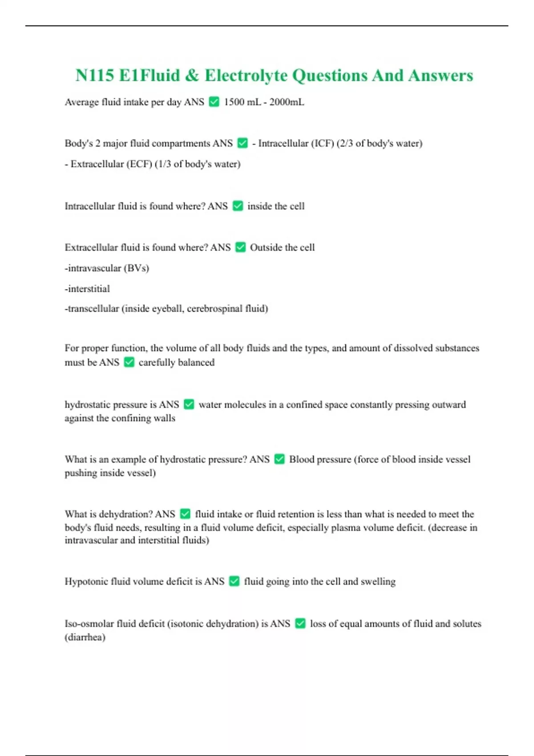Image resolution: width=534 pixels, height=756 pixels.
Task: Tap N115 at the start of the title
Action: tap(95, 76)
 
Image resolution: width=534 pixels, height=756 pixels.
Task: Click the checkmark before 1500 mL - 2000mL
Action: tap(214, 102)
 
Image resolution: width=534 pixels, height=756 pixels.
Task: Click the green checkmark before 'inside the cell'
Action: tap(238, 206)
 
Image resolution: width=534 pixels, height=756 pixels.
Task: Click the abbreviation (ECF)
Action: tap(139, 164)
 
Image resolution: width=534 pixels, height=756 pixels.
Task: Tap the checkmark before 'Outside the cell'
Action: tap(240, 247)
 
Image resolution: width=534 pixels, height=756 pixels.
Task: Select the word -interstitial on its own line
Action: tap(87, 289)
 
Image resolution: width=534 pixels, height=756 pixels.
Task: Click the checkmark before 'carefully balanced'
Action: tap(129, 362)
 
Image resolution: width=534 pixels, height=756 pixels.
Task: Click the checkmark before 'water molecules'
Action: tap(189, 404)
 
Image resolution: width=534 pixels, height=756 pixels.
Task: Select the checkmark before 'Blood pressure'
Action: tap(279, 459)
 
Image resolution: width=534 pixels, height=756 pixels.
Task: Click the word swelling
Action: tap(378, 581)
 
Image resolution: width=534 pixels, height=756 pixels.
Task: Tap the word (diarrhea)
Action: tap(85, 637)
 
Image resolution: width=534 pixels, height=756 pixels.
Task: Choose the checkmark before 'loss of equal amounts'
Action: tap(300, 623)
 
